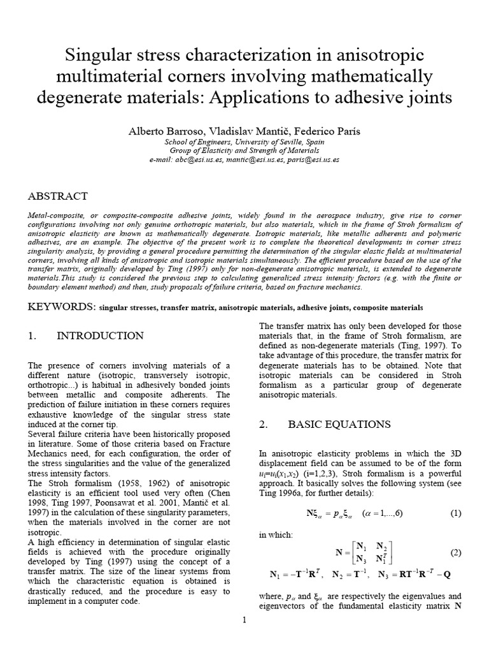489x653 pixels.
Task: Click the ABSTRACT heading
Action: click(x=58, y=196)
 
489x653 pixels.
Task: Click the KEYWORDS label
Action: click(x=60, y=307)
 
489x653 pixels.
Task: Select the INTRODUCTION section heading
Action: click(x=101, y=336)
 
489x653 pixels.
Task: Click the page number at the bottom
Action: click(x=244, y=619)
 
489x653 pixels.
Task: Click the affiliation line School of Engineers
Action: click(x=244, y=142)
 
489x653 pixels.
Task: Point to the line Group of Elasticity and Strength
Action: click(x=244, y=151)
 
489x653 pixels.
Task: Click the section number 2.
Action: click(x=264, y=425)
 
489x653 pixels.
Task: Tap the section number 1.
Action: click(x=32, y=336)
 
